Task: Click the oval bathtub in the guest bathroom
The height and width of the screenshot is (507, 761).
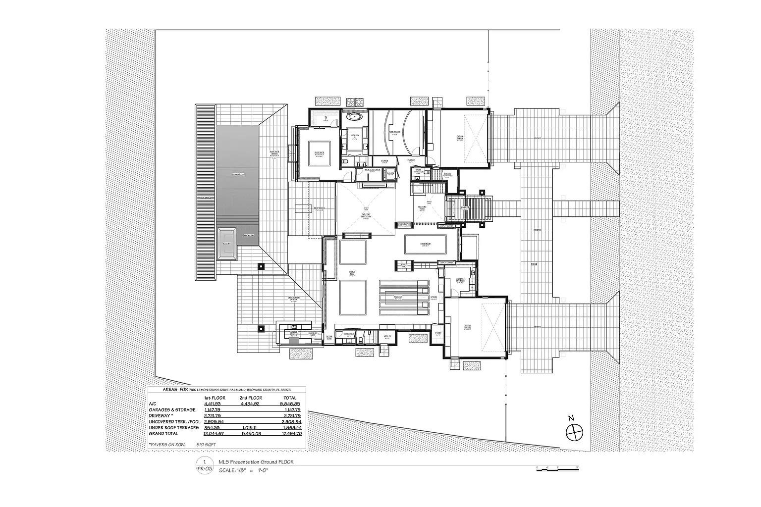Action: coord(354,118)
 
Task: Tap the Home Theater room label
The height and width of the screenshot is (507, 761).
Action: coord(394,132)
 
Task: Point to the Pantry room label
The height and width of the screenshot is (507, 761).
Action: coord(438,334)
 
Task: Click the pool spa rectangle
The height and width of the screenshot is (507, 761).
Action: coord(227,244)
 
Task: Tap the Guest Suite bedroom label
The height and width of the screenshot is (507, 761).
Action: coord(318,153)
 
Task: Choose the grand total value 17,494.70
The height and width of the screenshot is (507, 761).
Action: coord(290,433)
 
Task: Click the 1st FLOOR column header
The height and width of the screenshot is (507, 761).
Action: coord(215,398)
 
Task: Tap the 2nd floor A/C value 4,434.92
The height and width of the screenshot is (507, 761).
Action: coord(251,404)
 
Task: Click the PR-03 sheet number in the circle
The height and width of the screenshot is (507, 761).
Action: coord(205,468)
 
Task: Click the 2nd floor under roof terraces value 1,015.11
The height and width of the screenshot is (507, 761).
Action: coord(251,427)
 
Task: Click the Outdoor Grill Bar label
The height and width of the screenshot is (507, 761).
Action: coord(294,333)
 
